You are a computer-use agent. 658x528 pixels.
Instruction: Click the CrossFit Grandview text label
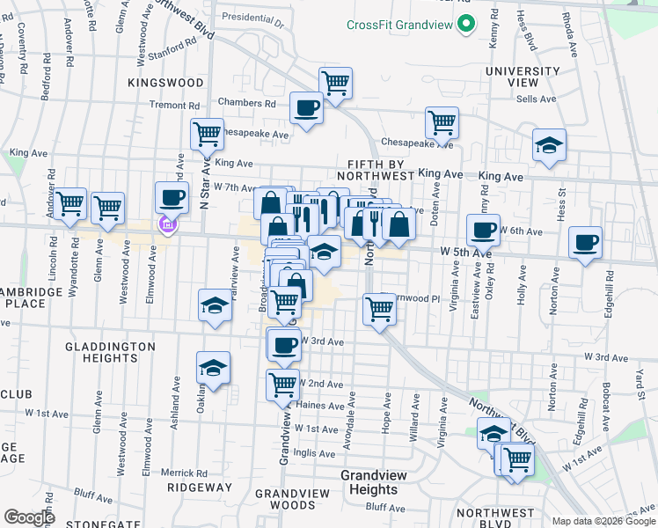(x=398, y=25)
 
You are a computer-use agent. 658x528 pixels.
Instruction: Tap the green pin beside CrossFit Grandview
(x=466, y=25)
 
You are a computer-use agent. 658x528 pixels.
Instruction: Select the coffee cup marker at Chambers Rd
(x=306, y=109)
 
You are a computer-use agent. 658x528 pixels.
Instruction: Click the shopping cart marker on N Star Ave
(x=207, y=135)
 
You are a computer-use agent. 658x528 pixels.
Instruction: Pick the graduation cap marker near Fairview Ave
(x=214, y=305)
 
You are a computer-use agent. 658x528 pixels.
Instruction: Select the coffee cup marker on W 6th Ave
(x=481, y=231)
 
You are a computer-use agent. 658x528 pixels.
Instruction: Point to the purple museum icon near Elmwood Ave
(x=166, y=226)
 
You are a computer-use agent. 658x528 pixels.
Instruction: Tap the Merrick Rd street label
(x=184, y=473)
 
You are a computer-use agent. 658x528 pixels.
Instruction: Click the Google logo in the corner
(x=30, y=517)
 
